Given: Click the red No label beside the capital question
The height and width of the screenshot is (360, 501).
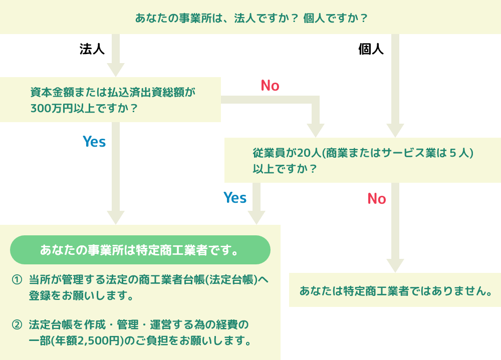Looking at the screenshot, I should (270, 86).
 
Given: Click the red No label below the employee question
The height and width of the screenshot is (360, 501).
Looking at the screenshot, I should (377, 199).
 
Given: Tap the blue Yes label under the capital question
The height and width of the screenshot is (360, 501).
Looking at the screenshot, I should (94, 142).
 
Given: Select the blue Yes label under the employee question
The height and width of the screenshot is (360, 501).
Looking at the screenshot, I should (235, 198).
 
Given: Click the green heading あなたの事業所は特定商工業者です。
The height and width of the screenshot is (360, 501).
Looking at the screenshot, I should (140, 250).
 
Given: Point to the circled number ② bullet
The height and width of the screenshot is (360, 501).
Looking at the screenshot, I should (17, 325).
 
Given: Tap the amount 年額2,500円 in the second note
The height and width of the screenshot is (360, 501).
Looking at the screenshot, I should (90, 341).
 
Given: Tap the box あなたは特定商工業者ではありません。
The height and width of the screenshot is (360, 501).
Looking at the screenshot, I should (395, 290).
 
